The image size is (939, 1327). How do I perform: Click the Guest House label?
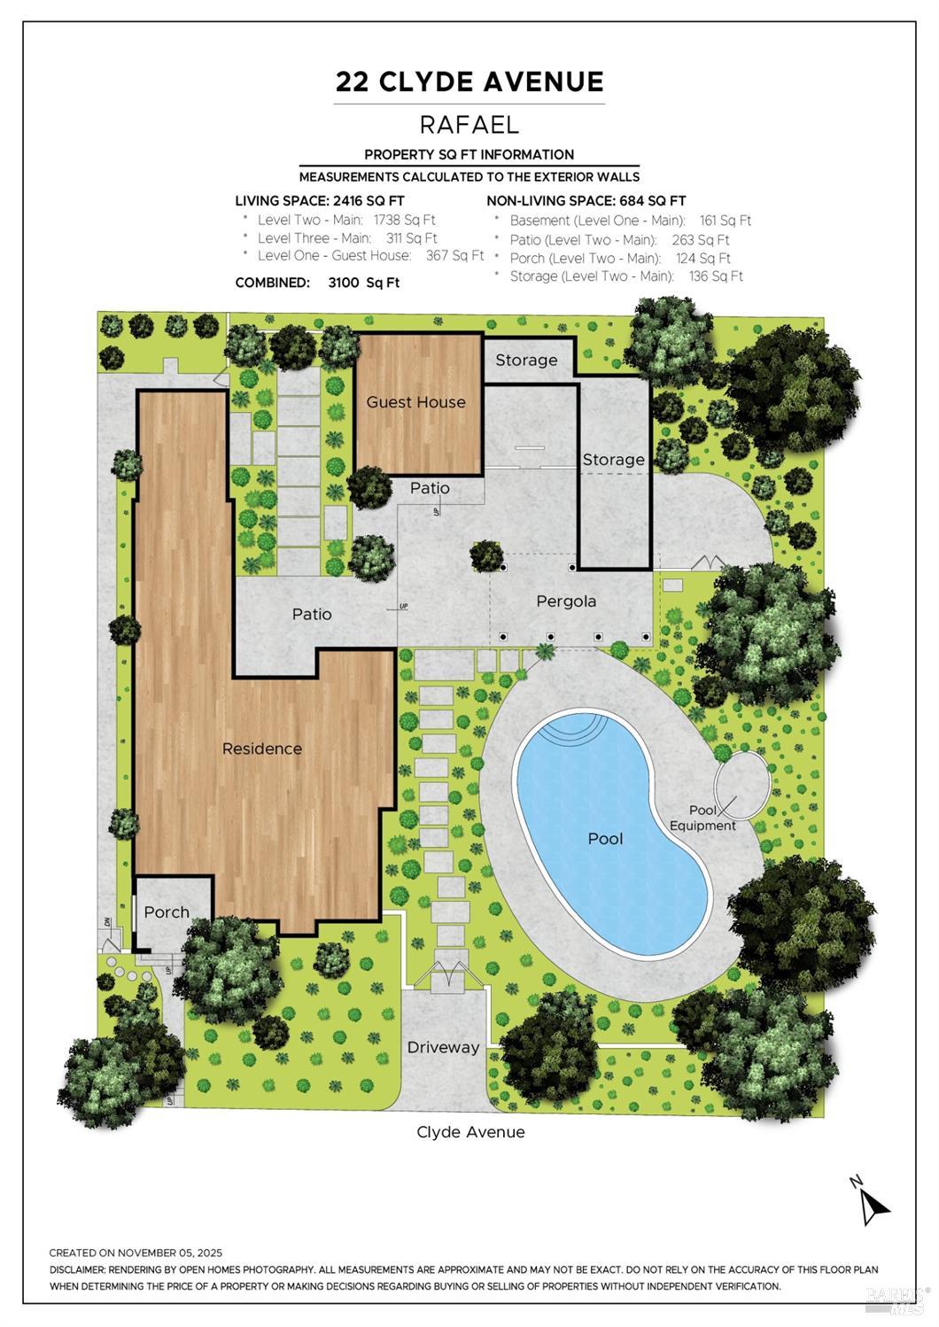tap(415, 402)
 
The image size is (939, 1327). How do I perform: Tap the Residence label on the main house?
tap(262, 749)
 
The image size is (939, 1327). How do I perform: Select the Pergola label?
tap(566, 601)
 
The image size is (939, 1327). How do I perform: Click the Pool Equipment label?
tap(702, 818)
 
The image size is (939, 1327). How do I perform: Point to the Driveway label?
tap(443, 1047)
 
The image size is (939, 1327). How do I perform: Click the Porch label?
tap(167, 912)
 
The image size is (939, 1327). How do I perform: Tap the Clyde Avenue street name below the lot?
tap(470, 1132)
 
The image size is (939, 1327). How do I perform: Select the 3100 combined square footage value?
tap(344, 283)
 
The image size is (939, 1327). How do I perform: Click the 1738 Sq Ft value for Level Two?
tap(404, 221)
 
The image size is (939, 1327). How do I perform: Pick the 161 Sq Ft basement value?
tap(726, 221)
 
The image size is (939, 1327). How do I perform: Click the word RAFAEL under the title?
tap(469, 124)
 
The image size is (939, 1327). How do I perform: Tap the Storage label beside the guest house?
tap(526, 361)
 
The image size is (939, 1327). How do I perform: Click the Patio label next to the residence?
tap(312, 614)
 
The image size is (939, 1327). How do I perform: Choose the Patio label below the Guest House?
tap(430, 488)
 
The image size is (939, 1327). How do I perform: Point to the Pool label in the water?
tap(605, 839)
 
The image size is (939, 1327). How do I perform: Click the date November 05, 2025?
tap(169, 1253)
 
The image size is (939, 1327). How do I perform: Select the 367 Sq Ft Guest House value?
tap(455, 255)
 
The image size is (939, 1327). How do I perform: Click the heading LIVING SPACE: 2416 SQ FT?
tap(320, 201)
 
